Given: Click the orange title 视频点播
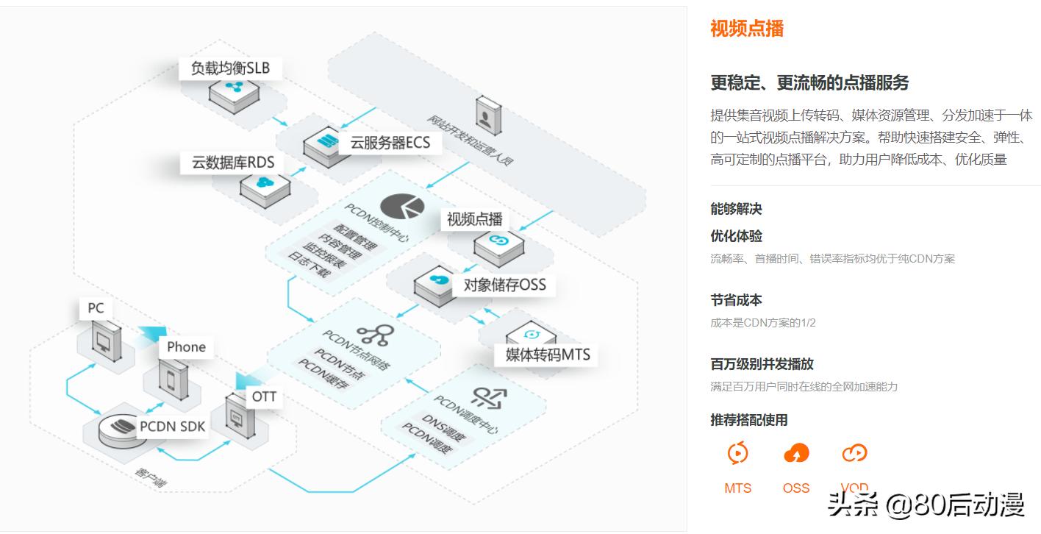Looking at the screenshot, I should point(746,29).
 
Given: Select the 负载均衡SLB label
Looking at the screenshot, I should point(230,68).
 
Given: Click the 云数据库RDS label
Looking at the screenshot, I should point(232,163).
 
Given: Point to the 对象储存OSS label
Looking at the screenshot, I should point(504,285).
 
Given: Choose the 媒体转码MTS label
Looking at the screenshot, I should point(547,355).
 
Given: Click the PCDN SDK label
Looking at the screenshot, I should point(172,426).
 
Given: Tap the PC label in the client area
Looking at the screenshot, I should point(96,307).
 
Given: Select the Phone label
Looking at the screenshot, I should point(186,346).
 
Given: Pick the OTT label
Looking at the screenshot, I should point(264,397).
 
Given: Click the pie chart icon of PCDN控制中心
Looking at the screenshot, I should point(401,207).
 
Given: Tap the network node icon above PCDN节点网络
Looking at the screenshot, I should point(374,336).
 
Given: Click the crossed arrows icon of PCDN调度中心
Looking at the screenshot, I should point(489,397).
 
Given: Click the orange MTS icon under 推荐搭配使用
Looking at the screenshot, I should point(737,453).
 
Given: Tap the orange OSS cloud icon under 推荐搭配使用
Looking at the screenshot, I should point(796,453).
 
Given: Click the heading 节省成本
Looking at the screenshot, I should point(736,300).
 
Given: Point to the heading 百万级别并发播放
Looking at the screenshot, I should point(762,364).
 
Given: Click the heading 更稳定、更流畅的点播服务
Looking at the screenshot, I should point(809,82).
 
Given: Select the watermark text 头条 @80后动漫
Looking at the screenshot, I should point(926,505).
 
